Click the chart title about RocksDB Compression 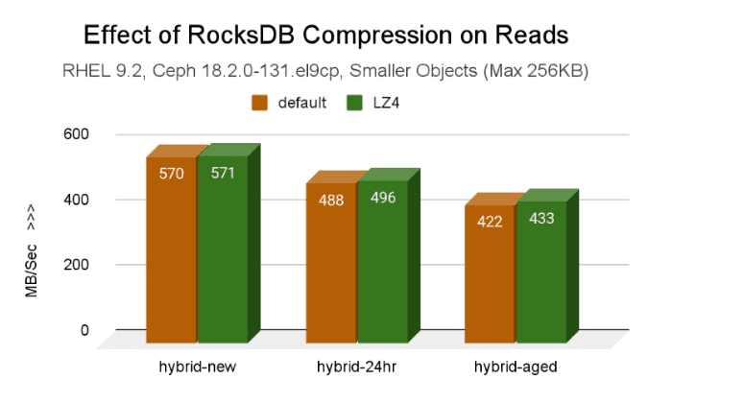(x=326, y=36)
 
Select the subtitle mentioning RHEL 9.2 (x=326, y=71)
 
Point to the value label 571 (x=222, y=174)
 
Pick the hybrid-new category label (x=197, y=367)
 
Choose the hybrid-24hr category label (x=356, y=367)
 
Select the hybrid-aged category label (x=515, y=367)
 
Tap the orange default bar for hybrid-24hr (x=331, y=269)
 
